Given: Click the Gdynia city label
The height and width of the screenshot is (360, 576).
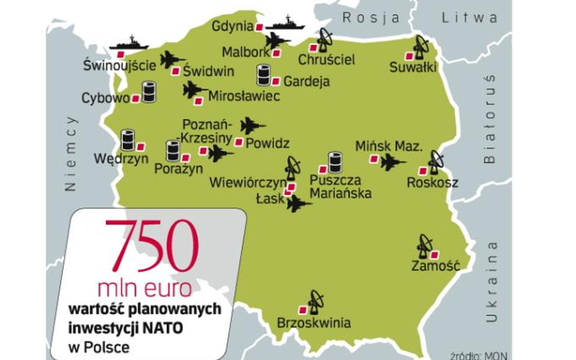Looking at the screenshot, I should click(x=232, y=26).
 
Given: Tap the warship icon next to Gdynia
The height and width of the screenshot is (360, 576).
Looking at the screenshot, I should click(x=285, y=24).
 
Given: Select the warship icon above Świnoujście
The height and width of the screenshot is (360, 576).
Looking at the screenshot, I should click(x=129, y=44).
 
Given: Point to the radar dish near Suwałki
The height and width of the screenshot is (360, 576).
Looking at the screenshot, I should click(x=420, y=47).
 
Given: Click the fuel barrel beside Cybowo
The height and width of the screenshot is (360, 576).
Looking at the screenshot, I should click(x=149, y=92).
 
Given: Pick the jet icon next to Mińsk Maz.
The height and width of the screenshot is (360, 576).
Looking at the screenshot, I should click(x=392, y=162).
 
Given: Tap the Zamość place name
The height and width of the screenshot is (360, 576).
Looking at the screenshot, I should click(x=435, y=266).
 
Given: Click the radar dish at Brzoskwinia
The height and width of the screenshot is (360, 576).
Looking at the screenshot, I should click(x=316, y=301).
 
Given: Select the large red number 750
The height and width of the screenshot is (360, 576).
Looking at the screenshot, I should click(x=152, y=245).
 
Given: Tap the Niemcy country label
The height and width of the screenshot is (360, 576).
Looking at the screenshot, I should click(x=70, y=153).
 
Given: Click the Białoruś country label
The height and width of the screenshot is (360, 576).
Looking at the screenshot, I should click(x=490, y=119).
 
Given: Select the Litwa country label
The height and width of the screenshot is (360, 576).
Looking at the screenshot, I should click(x=470, y=17).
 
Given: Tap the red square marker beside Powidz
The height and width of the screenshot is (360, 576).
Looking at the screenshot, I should click(x=239, y=142).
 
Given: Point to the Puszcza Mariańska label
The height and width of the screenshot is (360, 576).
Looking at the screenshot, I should click(x=340, y=186).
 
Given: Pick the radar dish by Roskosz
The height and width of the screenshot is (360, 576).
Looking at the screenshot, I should click(x=436, y=161).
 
